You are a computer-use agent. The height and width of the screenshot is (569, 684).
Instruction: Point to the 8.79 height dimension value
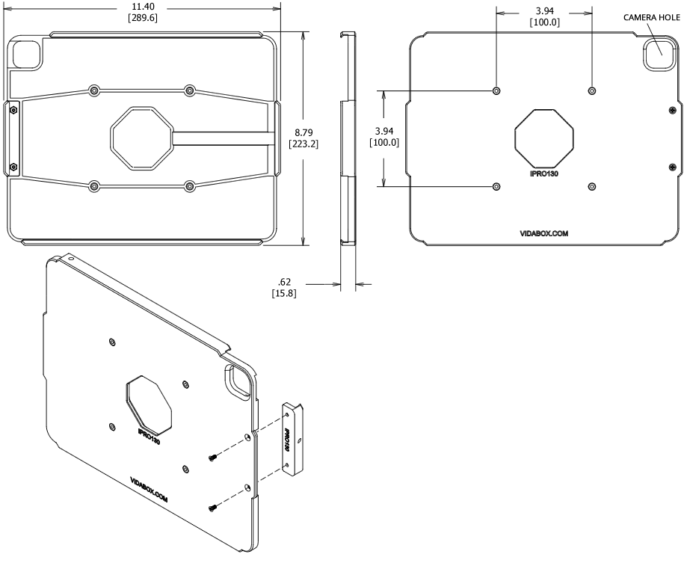[x=303, y=132]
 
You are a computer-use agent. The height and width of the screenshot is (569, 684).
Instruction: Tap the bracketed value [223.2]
[x=303, y=144]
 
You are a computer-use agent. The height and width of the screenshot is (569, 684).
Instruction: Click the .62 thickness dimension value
[x=284, y=282]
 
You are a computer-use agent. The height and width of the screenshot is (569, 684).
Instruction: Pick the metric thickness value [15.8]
[x=284, y=294]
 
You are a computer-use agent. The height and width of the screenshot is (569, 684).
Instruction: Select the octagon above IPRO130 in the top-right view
[x=544, y=138]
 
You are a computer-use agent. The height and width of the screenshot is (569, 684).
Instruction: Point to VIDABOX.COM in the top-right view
[x=544, y=233]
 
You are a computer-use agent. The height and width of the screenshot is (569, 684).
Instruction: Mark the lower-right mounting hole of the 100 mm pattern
[x=592, y=185]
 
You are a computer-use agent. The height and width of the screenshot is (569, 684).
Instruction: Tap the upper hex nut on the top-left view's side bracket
[x=13, y=108]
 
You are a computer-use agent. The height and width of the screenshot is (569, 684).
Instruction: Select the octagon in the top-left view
[x=141, y=138]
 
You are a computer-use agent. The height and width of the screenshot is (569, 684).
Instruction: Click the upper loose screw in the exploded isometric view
[x=214, y=457]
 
